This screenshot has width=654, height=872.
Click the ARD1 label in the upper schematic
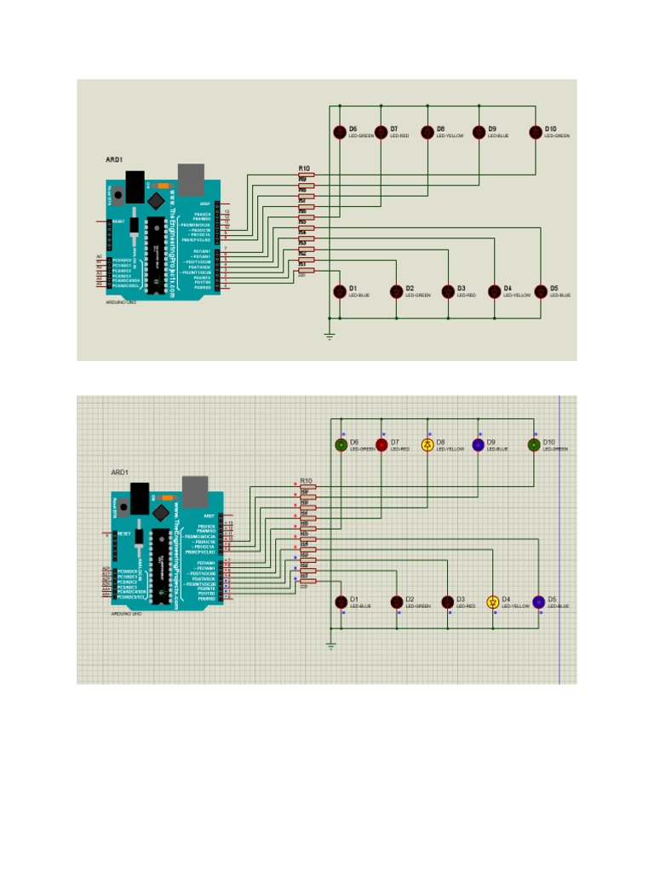(114, 159)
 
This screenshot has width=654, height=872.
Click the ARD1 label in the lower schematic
(119, 472)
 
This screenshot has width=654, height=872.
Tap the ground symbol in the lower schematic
(331, 646)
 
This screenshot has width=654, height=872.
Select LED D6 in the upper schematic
(340, 132)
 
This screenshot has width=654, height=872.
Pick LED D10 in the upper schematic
(536, 132)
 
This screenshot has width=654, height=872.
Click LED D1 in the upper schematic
(340, 291)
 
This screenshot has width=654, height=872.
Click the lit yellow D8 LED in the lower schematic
(427, 445)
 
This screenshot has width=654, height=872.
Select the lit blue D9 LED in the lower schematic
(479, 445)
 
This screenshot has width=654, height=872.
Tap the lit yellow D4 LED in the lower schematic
(492, 602)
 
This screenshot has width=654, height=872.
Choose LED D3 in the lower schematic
(448, 602)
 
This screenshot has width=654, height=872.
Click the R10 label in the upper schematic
(304, 169)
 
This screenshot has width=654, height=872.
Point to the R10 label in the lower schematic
(307, 481)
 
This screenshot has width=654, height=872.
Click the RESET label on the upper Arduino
(118, 221)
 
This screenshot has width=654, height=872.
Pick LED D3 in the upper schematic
(448, 291)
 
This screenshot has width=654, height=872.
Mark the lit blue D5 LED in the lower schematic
(538, 602)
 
